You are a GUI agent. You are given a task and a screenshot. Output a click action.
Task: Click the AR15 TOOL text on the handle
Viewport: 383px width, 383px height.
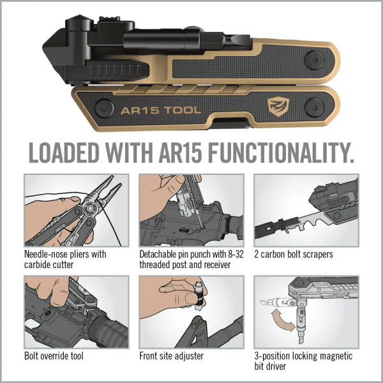click(160, 110)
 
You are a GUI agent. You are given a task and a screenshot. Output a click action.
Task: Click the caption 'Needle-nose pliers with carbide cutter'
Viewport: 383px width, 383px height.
click(64, 259)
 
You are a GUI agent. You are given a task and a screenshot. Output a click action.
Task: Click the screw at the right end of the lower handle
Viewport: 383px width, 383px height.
click(317, 105)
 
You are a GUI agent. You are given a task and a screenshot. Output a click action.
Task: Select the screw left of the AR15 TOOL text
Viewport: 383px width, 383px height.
click(101, 108)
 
